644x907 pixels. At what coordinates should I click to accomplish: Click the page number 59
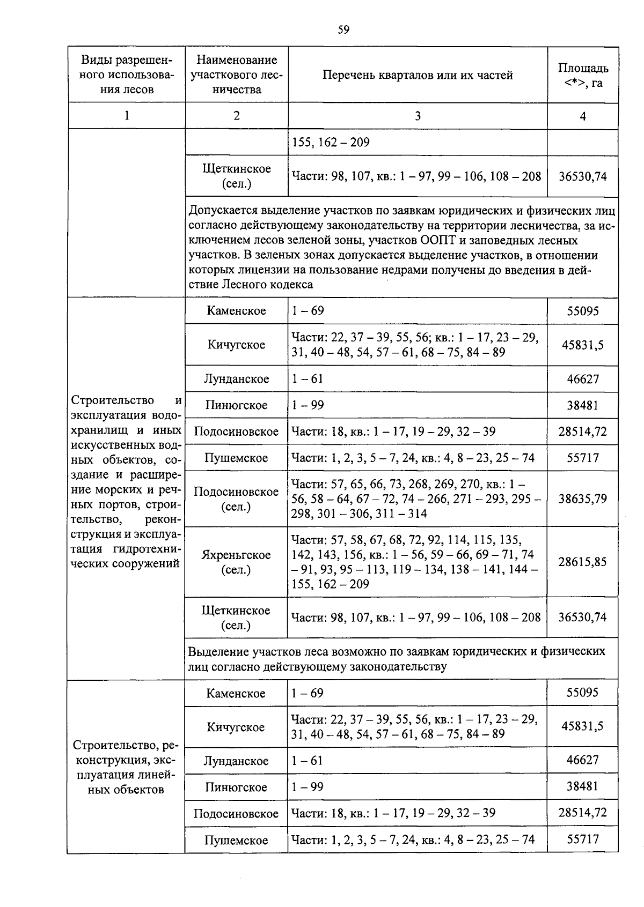coord(343,30)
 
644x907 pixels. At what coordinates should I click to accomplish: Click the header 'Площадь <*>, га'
coord(583,76)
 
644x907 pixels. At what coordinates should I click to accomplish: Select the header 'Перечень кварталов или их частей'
coord(418,75)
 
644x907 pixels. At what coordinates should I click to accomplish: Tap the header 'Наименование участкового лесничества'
coord(237,75)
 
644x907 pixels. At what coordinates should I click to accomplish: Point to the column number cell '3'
coord(418,116)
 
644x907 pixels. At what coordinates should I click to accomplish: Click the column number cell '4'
coord(583,116)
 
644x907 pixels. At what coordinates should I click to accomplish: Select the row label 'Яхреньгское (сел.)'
coord(236,562)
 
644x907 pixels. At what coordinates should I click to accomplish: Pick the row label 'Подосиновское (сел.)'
coord(236,499)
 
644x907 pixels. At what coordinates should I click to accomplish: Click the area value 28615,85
coord(583,562)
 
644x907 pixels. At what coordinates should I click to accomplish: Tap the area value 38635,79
coord(583,499)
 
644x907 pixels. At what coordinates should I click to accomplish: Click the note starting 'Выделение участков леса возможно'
coord(397,659)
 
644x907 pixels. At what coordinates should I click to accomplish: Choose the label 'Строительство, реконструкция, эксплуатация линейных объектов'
coord(126,767)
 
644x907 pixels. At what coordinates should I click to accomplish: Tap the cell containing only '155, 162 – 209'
coord(331,143)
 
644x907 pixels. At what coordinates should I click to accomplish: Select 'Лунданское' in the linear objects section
coord(236,761)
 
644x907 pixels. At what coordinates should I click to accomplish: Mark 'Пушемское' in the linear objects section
coord(236,840)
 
